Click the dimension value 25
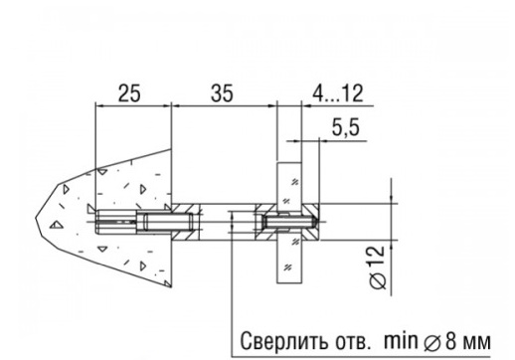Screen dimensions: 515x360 [x=129, y=93]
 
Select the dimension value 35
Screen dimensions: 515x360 [x=222, y=93]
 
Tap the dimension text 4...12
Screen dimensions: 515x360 [x=338, y=93]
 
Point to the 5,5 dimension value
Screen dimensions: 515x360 [x=346, y=127]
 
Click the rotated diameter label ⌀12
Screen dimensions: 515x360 [x=378, y=268]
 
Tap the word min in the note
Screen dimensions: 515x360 [x=401, y=340]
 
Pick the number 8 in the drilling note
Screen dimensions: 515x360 [x=451, y=341]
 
